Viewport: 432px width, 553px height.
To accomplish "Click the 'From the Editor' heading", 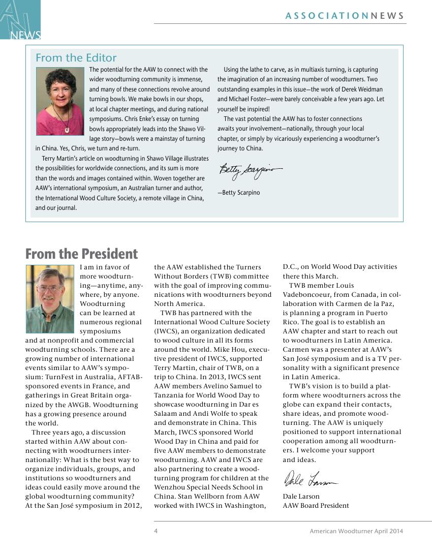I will point(76,58).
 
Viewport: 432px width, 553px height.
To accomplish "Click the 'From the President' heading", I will point(81,254).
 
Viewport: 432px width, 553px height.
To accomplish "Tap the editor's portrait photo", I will point(59,101).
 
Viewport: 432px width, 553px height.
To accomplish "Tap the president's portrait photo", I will point(50,299).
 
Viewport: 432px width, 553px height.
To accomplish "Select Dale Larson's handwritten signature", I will point(310,479).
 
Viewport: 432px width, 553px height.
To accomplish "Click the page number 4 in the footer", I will point(156,531).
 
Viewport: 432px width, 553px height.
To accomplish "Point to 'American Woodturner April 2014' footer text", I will point(356,531).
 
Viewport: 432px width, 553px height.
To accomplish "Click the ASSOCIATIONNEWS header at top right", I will point(345,16).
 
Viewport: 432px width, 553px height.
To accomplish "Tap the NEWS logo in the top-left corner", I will point(20,20).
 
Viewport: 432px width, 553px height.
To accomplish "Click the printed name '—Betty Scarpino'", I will point(238,193).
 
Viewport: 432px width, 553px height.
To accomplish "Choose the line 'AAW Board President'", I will point(316,506).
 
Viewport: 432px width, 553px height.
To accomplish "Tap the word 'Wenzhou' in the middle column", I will point(169,487).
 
